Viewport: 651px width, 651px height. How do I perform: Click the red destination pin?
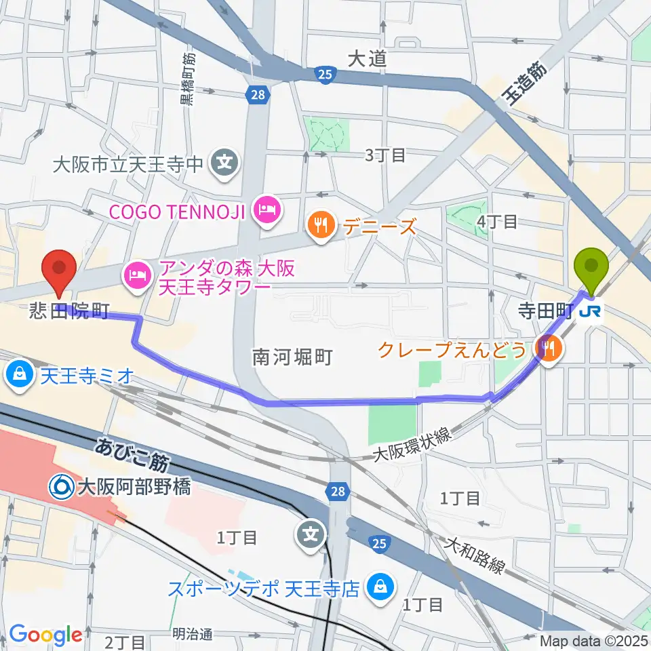coord(59,271)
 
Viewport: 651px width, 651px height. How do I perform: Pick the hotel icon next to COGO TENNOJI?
coord(264,211)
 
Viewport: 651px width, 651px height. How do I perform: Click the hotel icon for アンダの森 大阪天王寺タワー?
coord(135,275)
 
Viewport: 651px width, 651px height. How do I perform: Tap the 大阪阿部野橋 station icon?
coord(61,486)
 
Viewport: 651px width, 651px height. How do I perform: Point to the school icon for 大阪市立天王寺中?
coord(223,163)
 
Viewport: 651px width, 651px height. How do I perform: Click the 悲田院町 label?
coord(68,312)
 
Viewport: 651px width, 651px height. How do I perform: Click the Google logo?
coord(45,635)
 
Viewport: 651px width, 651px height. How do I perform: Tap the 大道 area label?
coord(367,59)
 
